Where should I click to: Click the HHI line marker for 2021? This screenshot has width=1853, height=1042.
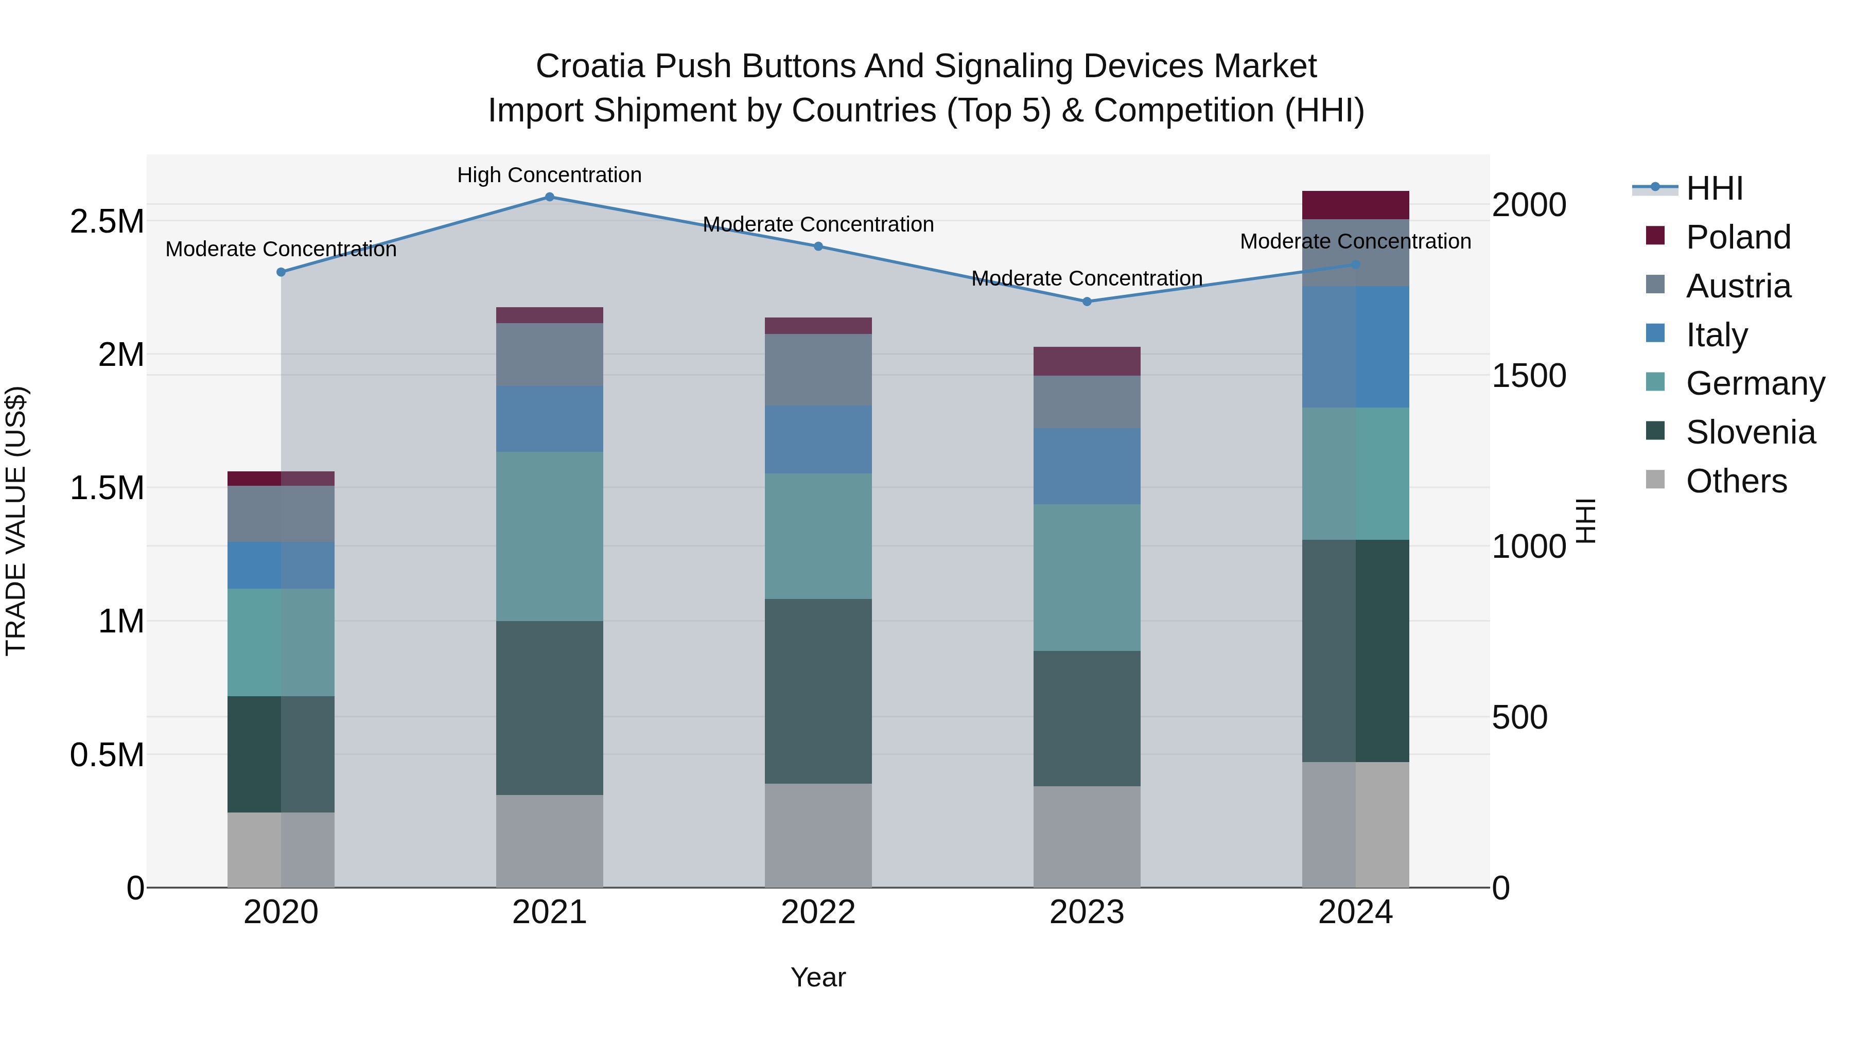click(550, 197)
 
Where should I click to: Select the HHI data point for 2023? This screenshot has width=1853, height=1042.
click(1087, 302)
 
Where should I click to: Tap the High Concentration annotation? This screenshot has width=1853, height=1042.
click(550, 175)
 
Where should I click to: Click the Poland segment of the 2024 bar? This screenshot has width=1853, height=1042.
click(1355, 205)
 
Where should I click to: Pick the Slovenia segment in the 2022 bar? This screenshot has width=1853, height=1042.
click(818, 691)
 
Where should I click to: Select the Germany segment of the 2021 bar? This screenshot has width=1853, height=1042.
click(550, 537)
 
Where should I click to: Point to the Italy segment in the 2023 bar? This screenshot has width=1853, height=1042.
click(1087, 466)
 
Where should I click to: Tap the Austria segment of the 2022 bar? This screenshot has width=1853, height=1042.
click(818, 369)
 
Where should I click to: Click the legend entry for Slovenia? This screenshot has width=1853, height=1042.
click(1750, 432)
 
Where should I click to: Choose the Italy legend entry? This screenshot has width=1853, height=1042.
click(1716, 335)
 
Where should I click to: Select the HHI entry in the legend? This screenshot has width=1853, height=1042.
click(1714, 188)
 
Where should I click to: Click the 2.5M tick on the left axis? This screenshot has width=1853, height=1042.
click(107, 221)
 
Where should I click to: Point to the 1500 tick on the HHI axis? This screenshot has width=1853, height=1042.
click(1529, 376)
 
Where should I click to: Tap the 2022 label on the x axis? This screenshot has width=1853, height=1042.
click(818, 912)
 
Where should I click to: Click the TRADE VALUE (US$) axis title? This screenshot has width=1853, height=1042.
click(16, 521)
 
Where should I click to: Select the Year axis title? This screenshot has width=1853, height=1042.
click(818, 977)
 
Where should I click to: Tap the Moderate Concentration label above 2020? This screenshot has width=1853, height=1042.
click(281, 249)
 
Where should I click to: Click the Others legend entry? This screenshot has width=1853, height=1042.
click(1735, 481)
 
